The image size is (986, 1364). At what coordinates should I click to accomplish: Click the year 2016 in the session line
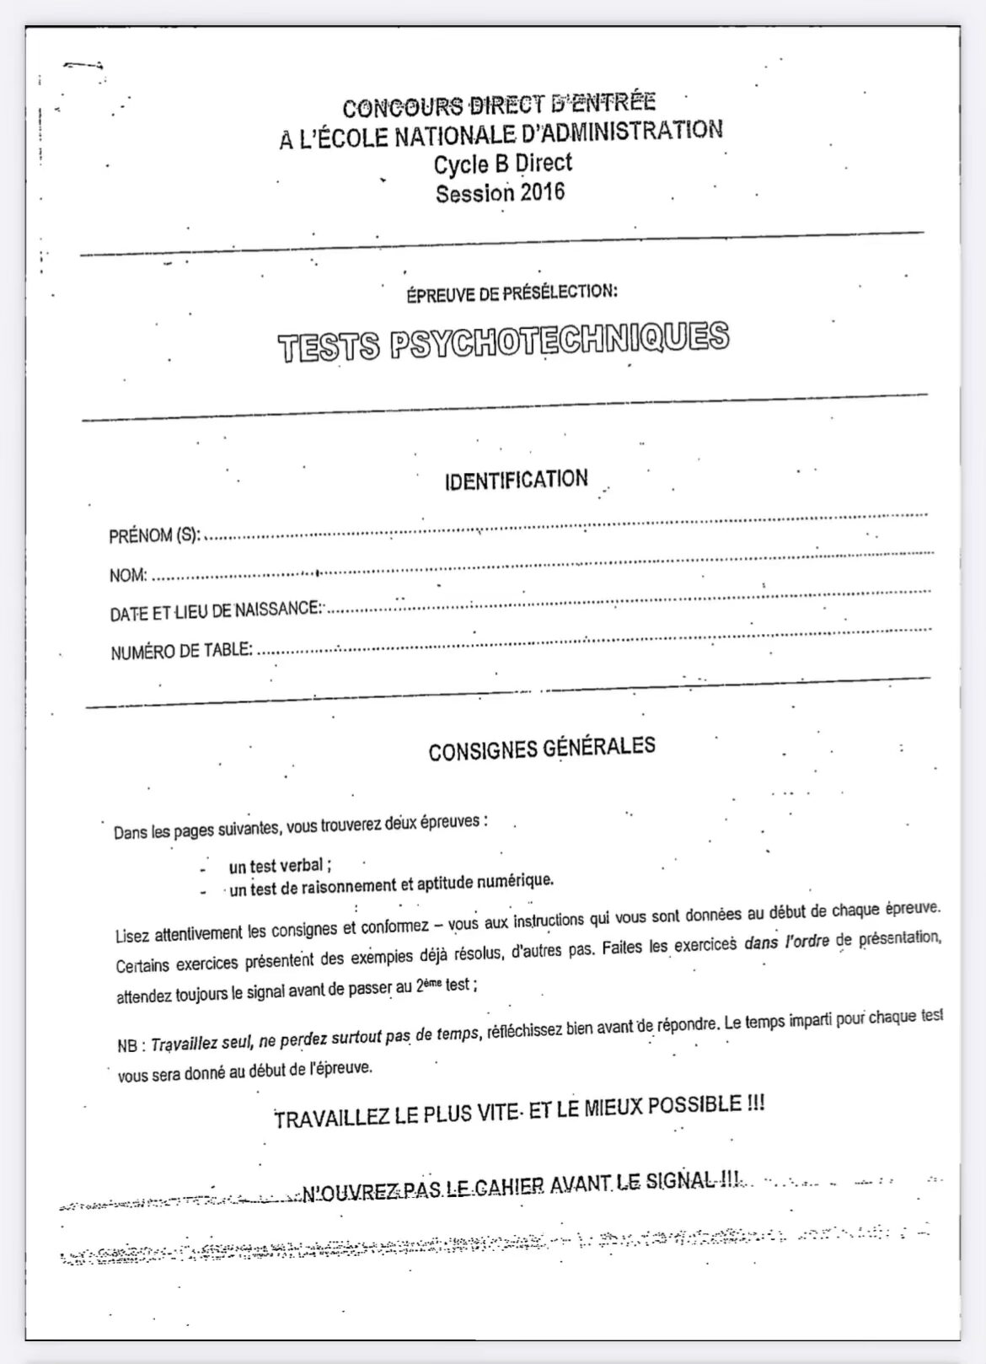tap(542, 192)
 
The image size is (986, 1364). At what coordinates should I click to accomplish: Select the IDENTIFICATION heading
tap(516, 481)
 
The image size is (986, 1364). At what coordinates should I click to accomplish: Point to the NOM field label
tap(128, 576)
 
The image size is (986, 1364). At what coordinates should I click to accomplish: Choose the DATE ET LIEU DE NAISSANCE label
tap(215, 610)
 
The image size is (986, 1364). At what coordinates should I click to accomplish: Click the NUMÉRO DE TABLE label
tap(181, 650)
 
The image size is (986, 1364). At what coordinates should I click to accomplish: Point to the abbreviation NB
tap(130, 1045)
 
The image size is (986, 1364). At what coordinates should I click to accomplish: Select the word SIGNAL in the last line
tap(680, 1181)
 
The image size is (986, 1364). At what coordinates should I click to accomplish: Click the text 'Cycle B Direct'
tap(502, 164)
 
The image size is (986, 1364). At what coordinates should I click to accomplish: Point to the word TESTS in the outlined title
tap(329, 346)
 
